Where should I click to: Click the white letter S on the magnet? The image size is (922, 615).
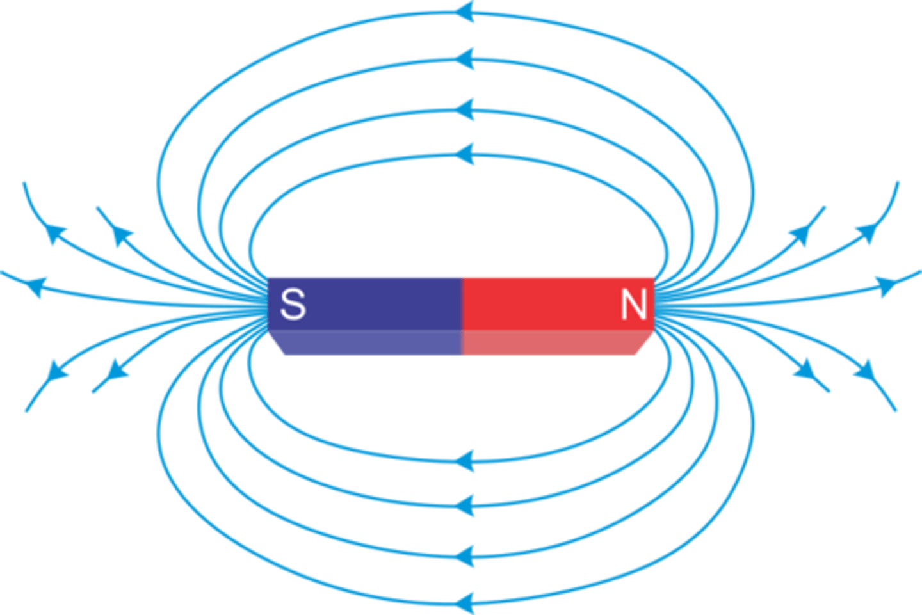point(293,304)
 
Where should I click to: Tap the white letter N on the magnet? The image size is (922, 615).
point(633,305)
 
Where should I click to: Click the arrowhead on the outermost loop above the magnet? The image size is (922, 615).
point(465,12)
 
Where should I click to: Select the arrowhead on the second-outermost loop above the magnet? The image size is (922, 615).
point(465,60)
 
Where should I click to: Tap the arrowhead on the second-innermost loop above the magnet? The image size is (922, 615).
point(465,109)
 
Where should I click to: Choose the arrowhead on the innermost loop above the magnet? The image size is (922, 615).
point(465,154)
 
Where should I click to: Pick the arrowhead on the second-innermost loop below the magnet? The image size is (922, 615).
point(465,505)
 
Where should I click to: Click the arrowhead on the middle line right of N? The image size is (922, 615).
point(887,284)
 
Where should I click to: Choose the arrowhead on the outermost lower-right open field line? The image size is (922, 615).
point(868,371)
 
